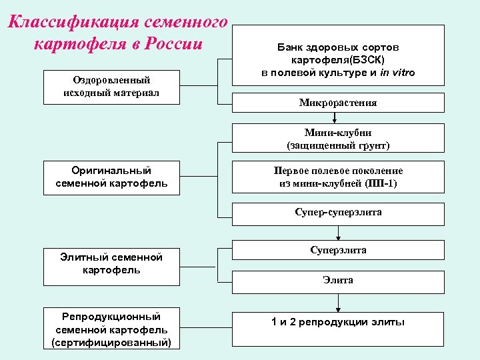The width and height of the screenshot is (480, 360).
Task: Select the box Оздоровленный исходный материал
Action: (x=111, y=87)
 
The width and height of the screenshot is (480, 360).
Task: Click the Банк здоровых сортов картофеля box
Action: (x=338, y=55)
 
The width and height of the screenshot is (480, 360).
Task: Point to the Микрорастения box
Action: (x=338, y=103)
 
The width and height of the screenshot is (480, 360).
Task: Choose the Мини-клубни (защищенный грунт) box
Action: (x=338, y=138)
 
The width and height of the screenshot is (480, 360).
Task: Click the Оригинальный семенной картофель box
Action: (x=111, y=177)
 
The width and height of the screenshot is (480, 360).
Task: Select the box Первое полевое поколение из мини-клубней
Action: (x=338, y=177)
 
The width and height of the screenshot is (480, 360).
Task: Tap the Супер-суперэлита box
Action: (x=338, y=214)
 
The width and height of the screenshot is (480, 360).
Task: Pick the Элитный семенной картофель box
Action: (x=111, y=263)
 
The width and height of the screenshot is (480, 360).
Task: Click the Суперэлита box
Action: (x=338, y=250)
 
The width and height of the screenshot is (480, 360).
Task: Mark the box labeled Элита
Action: (x=338, y=281)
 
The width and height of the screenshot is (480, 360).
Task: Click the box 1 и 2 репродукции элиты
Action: (x=338, y=323)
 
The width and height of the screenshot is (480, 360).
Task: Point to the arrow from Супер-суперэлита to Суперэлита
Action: (x=339, y=233)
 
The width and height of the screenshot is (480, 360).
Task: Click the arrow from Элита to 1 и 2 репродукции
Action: (x=339, y=302)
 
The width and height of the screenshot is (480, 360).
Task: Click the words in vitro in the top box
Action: (x=397, y=73)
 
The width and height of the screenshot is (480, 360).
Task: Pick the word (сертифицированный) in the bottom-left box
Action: (x=111, y=343)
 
